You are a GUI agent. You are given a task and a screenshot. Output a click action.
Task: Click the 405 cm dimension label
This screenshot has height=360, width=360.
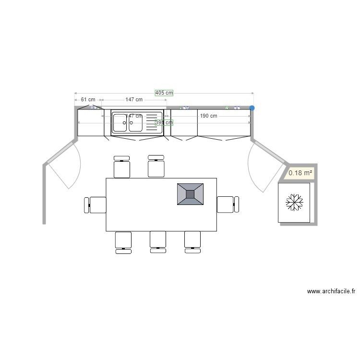point(164,93)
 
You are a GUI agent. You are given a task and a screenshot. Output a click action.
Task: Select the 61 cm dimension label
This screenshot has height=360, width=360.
point(88,99)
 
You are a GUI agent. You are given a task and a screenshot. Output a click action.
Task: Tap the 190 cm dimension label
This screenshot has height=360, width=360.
point(208,116)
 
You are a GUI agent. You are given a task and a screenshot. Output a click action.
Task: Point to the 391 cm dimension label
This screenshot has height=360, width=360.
point(164,122)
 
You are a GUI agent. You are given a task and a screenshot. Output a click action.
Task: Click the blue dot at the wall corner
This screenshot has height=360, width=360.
point(252,108)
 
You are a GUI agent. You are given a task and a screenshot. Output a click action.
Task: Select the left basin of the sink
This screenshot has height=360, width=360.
point(120,123)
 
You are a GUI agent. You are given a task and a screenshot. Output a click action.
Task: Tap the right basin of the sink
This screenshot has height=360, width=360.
point(136,123)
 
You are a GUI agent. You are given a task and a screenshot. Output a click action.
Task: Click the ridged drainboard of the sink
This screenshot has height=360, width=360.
point(154,122)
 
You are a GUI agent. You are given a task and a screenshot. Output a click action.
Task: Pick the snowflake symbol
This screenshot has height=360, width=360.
point(294,202)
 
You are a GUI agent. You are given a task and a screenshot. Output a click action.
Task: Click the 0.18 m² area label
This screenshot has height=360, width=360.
point(300,173)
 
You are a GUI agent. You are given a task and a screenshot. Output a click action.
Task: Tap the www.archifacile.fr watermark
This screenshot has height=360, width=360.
point(331,291)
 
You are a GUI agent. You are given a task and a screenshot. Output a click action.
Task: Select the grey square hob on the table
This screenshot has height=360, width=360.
point(190,194)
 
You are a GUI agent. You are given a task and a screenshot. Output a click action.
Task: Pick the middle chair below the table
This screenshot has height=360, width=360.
point(157,241)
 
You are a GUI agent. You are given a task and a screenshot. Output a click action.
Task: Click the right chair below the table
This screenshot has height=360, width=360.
point(192,241)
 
